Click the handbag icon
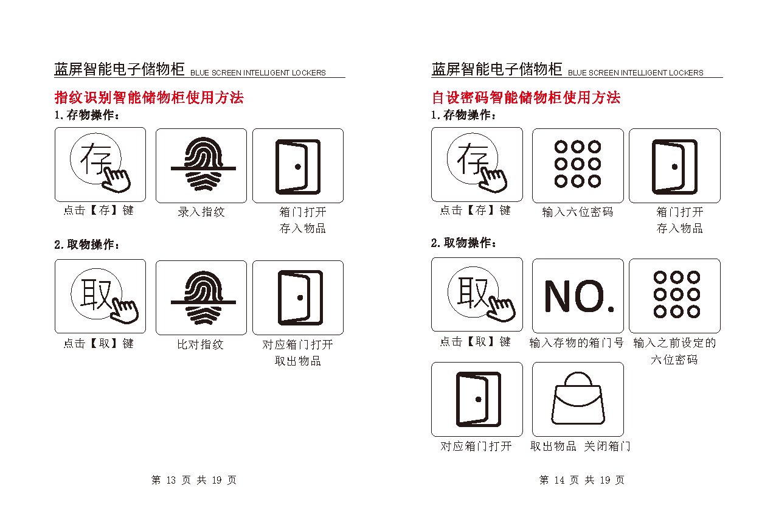[x=578, y=398]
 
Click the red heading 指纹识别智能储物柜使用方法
[x=150, y=97]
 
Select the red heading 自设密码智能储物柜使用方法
[x=526, y=97]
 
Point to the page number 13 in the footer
[x=171, y=480]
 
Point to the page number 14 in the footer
[x=559, y=480]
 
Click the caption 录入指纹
[x=201, y=212]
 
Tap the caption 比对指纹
[x=201, y=344]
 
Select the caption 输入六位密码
[x=578, y=212]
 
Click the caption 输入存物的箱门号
[x=577, y=342]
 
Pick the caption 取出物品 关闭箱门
[x=580, y=446]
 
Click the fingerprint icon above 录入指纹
[x=203, y=164]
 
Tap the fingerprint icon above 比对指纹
[x=203, y=297]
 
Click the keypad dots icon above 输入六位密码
[x=578, y=164]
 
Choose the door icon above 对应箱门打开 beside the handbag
[x=479, y=399]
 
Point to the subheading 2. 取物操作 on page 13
[x=87, y=245]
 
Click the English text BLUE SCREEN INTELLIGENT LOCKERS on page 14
[x=636, y=73]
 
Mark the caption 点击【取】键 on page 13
[x=99, y=344]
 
